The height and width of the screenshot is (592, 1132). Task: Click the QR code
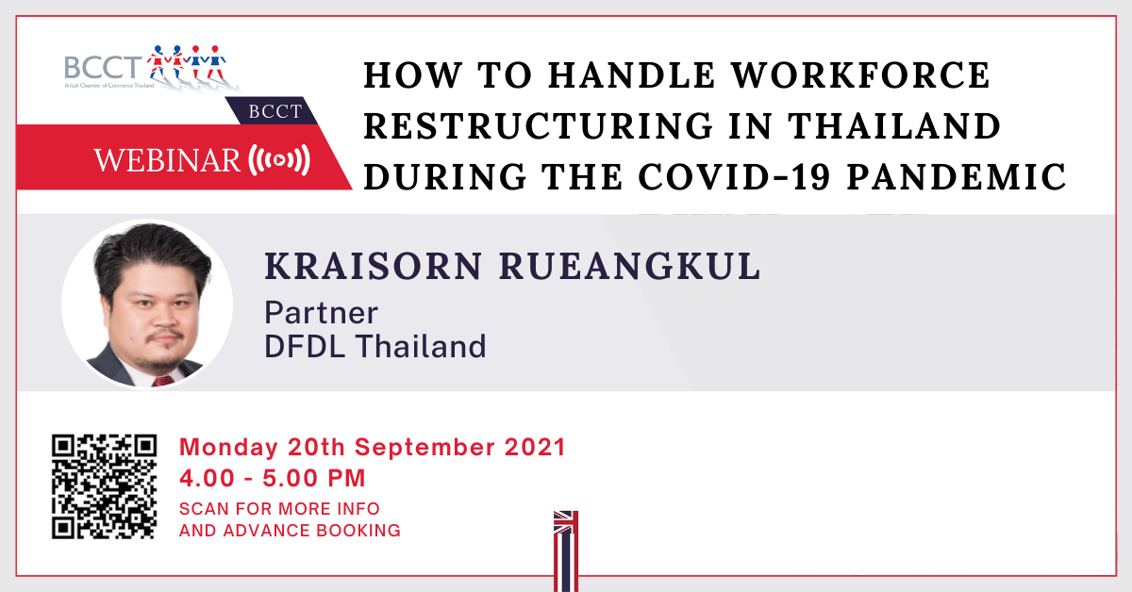coord(104,486)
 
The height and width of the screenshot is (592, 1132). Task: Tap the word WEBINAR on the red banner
coord(167,160)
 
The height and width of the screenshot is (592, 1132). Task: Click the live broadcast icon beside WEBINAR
coord(279,160)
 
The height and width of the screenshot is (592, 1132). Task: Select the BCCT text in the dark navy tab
coord(275,111)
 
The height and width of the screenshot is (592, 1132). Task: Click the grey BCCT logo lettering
coord(103,67)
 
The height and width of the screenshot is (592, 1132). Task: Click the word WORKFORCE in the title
coord(861,75)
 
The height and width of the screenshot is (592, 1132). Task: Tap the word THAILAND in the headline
coord(894,125)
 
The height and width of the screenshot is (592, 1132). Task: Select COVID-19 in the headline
coord(735,177)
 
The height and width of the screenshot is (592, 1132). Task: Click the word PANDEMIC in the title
coord(957,177)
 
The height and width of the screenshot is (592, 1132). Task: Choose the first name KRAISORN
coord(374,266)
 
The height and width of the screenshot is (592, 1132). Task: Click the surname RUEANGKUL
coord(630,266)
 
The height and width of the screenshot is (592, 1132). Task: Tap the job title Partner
coord(322,313)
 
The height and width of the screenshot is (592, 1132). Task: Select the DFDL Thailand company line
coord(375,347)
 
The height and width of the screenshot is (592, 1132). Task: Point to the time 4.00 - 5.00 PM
coord(273,478)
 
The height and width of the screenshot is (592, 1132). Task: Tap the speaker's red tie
coord(162,381)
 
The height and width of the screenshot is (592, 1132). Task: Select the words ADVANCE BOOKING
coord(312,531)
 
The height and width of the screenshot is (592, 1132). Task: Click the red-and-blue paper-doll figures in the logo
coord(187,62)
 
